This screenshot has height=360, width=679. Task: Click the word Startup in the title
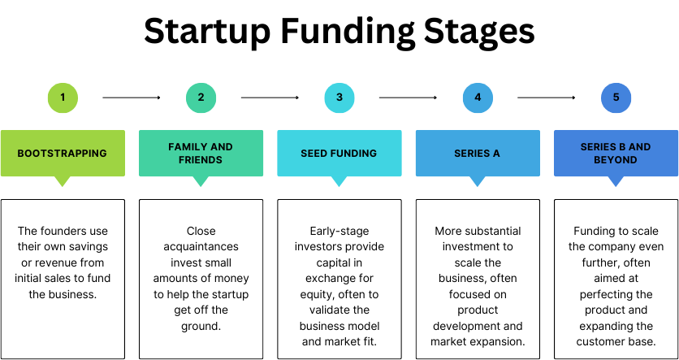tap(207, 32)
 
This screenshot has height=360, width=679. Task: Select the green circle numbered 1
tap(63, 98)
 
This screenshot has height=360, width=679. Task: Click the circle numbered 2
tap(201, 98)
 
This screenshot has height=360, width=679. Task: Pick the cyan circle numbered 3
tap(339, 98)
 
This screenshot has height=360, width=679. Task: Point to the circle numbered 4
tap(478, 98)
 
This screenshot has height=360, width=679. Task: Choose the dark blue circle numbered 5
tap(616, 98)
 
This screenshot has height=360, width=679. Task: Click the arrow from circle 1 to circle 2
tap(132, 98)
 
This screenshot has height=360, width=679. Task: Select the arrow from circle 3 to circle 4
tap(408, 98)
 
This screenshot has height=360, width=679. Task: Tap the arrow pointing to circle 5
tap(547, 98)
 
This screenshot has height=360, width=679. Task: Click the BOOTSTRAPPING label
tap(62, 154)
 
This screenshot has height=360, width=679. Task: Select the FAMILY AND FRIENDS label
tap(201, 154)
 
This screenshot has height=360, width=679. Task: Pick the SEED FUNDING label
tap(339, 154)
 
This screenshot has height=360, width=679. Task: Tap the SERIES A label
tap(478, 154)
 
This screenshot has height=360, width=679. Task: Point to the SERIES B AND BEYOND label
tap(616, 154)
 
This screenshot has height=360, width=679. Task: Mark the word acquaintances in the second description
tap(201, 247)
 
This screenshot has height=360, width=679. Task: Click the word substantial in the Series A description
tap(493, 231)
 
